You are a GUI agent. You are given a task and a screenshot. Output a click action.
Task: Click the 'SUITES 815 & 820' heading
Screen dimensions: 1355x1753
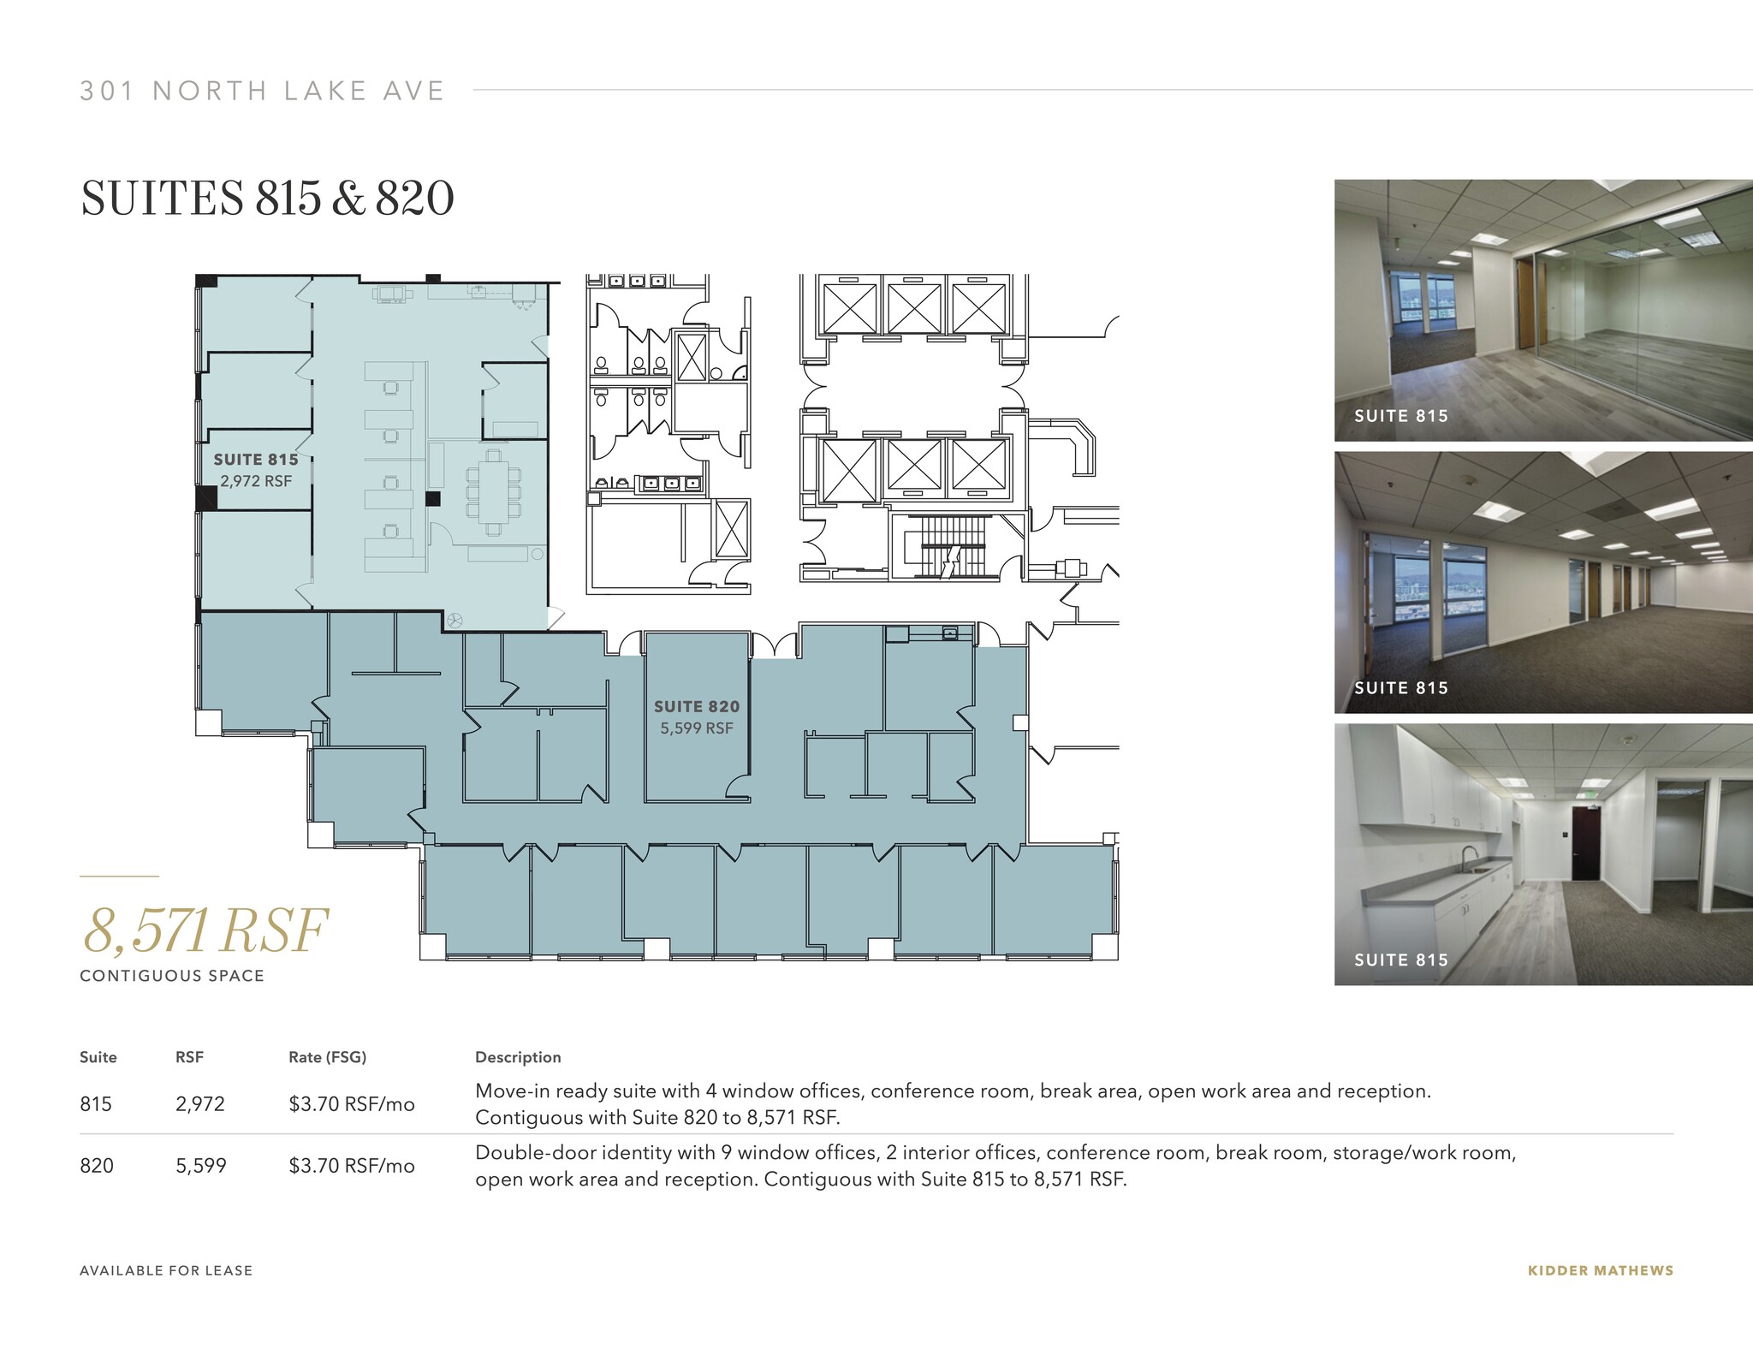tap(267, 199)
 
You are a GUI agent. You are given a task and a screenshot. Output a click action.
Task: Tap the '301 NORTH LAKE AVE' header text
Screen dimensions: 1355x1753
tap(262, 91)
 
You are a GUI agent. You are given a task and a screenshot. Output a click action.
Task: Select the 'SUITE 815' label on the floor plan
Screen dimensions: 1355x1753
tap(256, 460)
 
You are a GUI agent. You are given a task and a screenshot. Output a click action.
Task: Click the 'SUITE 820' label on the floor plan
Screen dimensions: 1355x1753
tap(697, 706)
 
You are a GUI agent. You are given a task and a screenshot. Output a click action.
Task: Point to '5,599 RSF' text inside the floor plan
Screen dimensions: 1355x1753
tap(697, 728)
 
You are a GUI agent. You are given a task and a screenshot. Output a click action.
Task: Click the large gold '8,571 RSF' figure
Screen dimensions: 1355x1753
tap(205, 930)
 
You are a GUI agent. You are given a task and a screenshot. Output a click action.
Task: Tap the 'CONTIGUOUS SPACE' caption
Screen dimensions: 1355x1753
tap(172, 976)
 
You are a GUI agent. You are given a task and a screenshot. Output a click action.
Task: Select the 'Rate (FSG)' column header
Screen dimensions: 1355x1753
tap(327, 1057)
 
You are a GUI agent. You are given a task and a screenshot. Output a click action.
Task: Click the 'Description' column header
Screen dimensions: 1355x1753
tap(518, 1057)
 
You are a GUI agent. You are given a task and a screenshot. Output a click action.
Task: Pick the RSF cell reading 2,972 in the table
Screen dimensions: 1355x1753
tap(200, 1104)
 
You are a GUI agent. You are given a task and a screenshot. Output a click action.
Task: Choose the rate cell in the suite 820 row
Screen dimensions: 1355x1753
tap(351, 1166)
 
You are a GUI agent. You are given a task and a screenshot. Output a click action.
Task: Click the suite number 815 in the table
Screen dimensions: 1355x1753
tap(96, 1104)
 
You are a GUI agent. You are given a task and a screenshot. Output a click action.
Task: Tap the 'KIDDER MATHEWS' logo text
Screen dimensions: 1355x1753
tap(1600, 1271)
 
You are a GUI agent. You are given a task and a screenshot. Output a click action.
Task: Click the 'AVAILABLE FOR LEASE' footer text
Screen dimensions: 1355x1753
tap(166, 1271)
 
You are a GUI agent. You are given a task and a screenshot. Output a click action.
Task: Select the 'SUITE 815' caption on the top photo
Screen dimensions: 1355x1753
tap(1400, 416)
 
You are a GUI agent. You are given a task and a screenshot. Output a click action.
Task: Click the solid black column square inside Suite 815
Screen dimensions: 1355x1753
tap(433, 498)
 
